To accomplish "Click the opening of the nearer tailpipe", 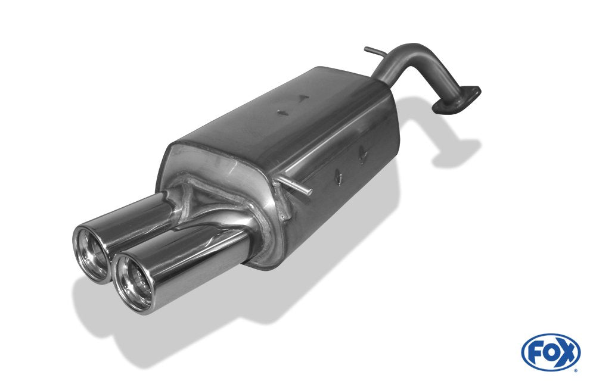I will click(133, 283).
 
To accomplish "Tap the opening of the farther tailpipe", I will click(91, 245).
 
